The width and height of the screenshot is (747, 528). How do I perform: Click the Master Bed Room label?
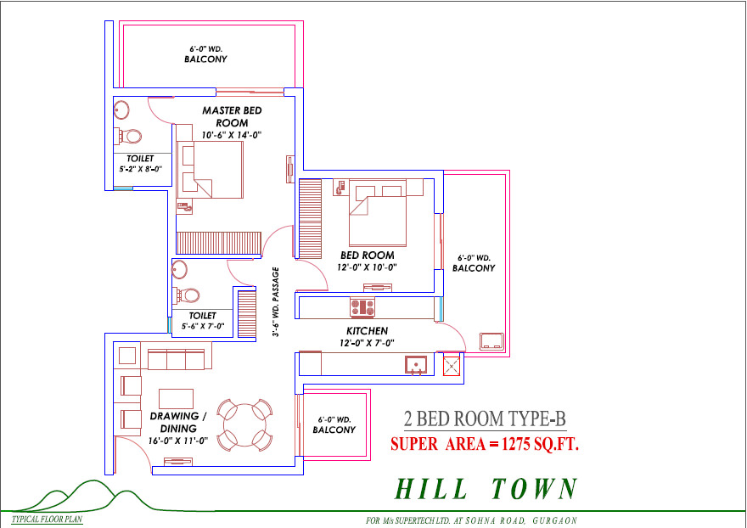coord(232,116)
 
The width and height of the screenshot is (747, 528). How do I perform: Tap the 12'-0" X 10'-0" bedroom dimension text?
coord(367,267)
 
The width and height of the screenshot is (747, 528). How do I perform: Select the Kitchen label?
coord(367,331)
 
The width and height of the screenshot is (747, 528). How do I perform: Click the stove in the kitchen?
coord(362,307)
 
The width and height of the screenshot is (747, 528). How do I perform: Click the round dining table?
coord(244,424)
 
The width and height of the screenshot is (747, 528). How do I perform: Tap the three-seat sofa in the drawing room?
coord(176,359)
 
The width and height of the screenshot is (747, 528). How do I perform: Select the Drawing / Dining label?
coord(178,422)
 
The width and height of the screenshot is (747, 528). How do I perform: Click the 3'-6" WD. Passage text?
coord(275,301)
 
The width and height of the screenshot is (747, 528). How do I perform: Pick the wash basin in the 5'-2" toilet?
coord(121,110)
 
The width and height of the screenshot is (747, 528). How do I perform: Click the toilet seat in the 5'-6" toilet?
coord(188,295)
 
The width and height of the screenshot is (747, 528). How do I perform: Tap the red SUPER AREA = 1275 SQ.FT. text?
coord(485,445)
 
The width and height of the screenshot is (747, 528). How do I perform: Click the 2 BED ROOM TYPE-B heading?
coord(485,419)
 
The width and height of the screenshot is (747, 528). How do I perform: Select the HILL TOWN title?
coord(486,489)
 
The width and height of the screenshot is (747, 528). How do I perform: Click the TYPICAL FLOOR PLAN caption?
coord(47,520)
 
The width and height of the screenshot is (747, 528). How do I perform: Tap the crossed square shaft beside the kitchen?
coord(451,366)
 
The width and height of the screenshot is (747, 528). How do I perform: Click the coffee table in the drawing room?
coord(176,398)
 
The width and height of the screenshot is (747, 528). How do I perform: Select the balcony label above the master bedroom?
coord(205,55)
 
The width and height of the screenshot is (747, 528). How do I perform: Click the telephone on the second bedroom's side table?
coord(340,187)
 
